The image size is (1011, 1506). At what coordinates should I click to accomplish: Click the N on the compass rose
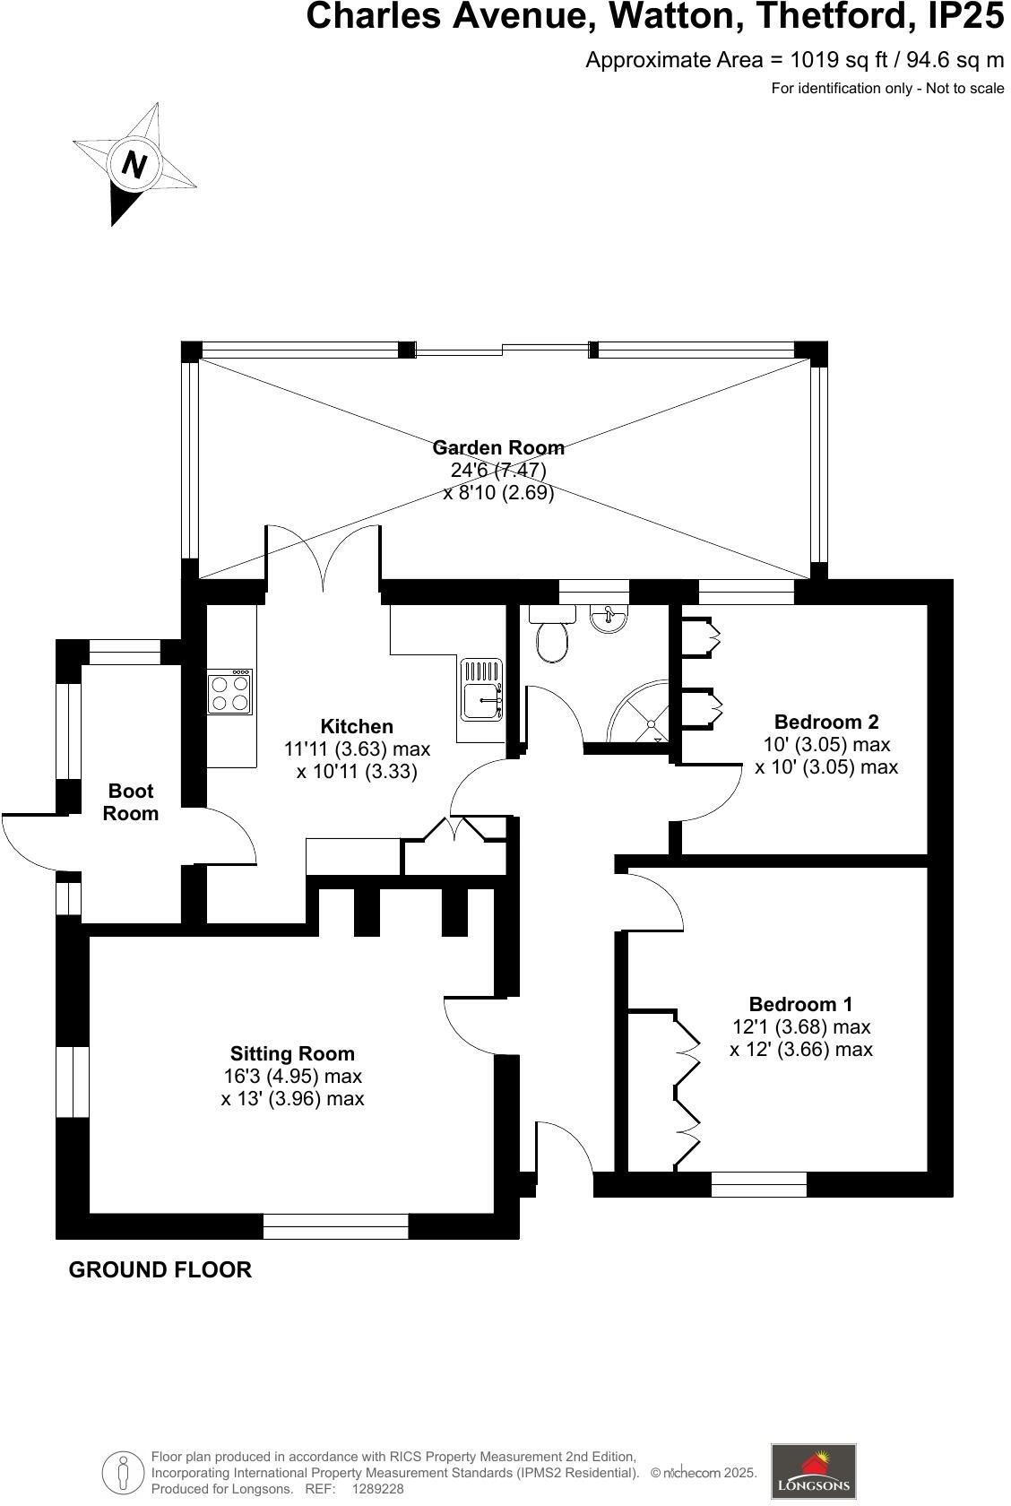(134, 165)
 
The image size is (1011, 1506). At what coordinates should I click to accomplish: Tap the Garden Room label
(498, 447)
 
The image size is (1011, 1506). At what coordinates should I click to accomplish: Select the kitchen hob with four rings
(230, 692)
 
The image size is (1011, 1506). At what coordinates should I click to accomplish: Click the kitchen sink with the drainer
(481, 690)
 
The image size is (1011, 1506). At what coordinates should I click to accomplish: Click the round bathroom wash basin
(610, 619)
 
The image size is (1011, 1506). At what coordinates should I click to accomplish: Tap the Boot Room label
(131, 802)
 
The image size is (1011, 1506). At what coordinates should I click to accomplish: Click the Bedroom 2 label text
(826, 722)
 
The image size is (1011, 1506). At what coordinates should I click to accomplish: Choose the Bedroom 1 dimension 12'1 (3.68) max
(801, 1026)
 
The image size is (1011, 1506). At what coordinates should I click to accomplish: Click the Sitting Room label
(292, 1053)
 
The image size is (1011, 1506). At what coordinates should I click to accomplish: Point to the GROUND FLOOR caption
(160, 1269)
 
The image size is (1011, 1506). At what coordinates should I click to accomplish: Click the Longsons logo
(813, 1470)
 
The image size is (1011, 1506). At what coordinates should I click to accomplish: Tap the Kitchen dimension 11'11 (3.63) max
(358, 749)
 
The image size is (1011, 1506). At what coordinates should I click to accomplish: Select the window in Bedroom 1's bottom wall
(758, 1184)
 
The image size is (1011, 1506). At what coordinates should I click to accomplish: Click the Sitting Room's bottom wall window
(335, 1225)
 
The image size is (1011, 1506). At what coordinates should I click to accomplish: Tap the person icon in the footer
(123, 1472)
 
